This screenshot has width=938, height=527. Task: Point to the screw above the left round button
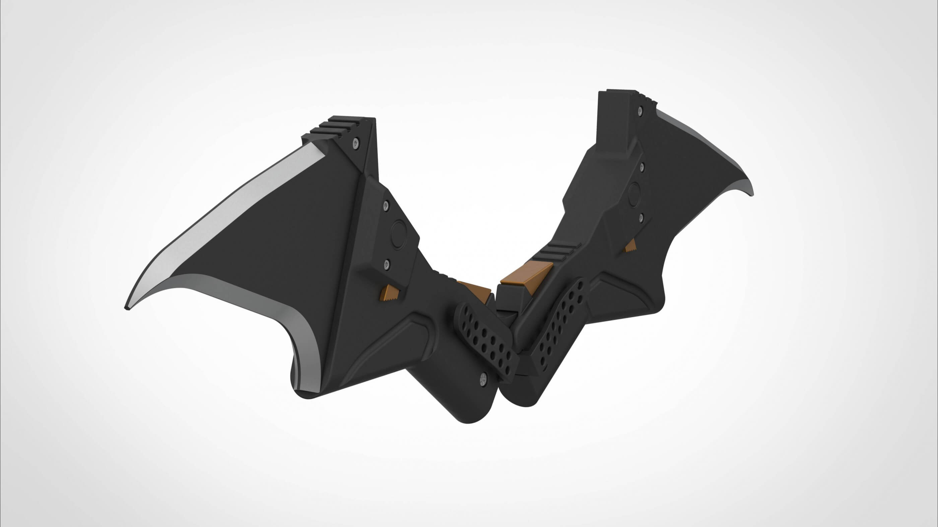click(x=386, y=206)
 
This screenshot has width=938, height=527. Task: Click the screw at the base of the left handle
click(x=483, y=378)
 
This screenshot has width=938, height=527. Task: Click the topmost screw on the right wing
click(x=640, y=109)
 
